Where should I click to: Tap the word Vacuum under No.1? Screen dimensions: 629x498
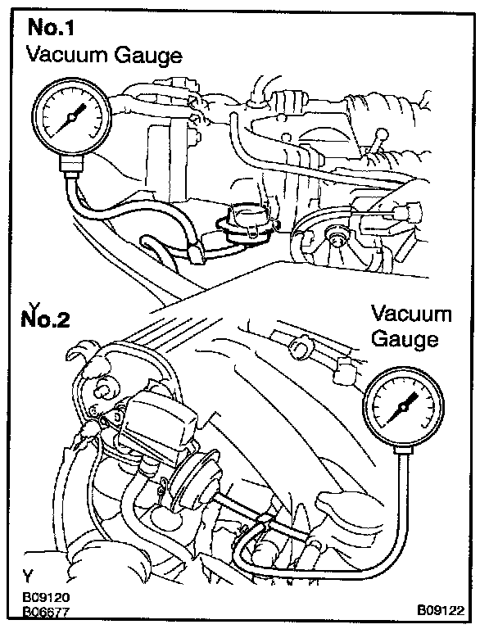65,56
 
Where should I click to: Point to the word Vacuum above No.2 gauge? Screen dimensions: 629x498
411,314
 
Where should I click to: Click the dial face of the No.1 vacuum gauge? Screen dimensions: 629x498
70,118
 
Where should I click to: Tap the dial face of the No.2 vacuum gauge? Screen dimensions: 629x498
405,407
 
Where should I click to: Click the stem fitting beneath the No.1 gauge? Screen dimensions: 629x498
71,168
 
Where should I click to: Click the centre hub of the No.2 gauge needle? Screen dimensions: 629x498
405,407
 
